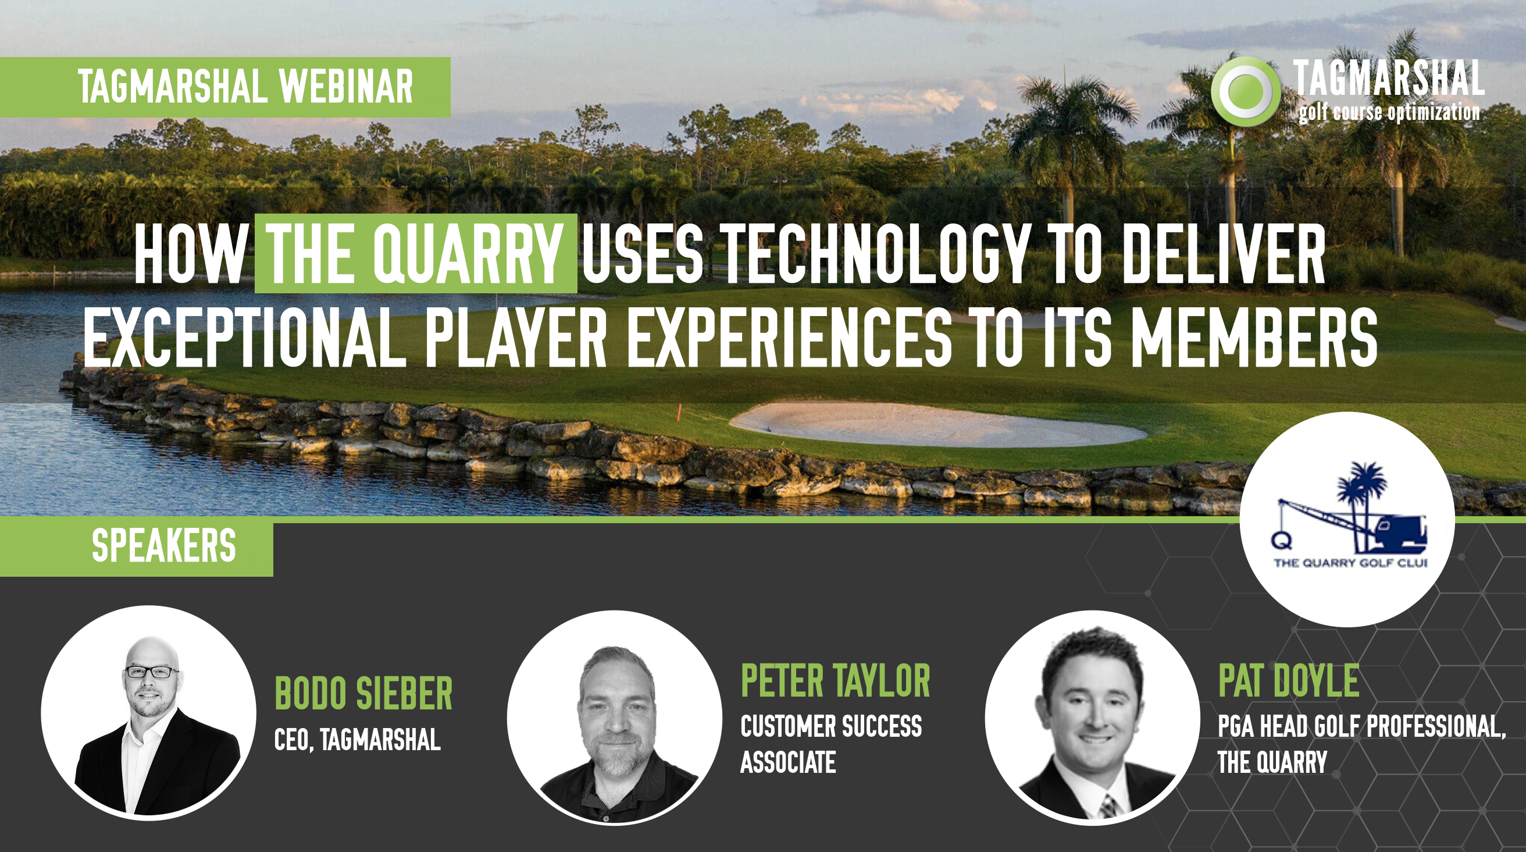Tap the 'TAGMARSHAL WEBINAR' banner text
(245, 87)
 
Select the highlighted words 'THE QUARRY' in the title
(415, 254)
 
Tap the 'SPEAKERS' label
(164, 545)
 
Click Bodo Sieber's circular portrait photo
(148, 713)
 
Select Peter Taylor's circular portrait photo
(614, 718)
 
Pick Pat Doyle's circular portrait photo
(1092, 718)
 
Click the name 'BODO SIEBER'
(363, 693)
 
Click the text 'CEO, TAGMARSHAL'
(357, 739)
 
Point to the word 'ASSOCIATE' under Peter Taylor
(789, 762)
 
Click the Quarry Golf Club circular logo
(1347, 519)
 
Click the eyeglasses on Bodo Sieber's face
(151, 672)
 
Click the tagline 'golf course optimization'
(1389, 112)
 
